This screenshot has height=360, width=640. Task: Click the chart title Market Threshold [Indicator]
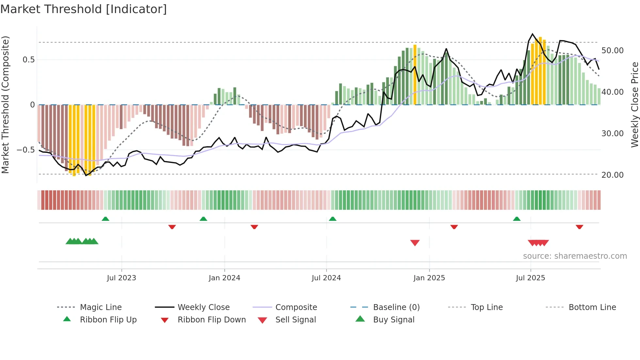click(84, 9)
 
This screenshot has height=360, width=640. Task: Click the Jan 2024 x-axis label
click(224, 278)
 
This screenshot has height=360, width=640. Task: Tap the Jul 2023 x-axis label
click(121, 278)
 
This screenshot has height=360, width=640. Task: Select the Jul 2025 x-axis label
click(530, 278)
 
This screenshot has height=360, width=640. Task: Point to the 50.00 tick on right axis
click(612, 51)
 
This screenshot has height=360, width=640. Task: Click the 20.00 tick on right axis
click(612, 175)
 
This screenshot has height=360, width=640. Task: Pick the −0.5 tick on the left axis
click(26, 150)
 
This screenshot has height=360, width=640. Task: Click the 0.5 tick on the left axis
click(29, 60)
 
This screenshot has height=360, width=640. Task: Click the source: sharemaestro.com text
click(575, 256)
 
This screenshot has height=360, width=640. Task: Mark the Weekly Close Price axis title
click(634, 105)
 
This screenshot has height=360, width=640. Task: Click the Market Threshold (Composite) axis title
click(5, 105)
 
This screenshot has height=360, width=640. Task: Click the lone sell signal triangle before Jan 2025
click(415, 243)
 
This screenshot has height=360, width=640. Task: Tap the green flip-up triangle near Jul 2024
click(332, 219)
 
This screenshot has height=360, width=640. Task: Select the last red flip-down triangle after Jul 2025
click(579, 227)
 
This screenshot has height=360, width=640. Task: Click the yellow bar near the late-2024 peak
click(415, 75)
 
